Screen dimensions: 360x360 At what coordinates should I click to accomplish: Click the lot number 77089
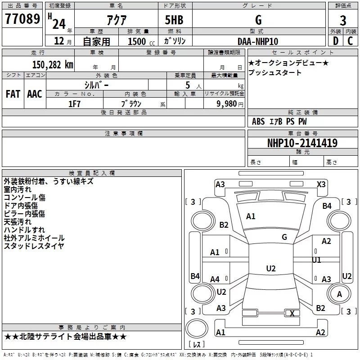22,19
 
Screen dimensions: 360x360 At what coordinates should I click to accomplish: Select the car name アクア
117,20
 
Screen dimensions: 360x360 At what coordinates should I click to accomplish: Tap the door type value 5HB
174,20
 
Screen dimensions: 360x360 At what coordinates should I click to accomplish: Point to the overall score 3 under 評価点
343,20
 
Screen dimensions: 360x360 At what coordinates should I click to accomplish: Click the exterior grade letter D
336,41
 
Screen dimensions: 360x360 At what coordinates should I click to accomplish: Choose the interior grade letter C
350,41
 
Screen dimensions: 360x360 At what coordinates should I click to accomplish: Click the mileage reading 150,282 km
53,65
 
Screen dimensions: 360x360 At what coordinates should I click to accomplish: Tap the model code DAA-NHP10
258,41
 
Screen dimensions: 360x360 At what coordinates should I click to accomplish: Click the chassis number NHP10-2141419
302,143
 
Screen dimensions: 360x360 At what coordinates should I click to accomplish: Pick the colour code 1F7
74,104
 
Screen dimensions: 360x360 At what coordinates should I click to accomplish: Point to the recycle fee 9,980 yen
230,104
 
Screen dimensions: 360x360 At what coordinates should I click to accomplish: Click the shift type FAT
13,94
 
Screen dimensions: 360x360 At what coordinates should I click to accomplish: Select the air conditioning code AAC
35,94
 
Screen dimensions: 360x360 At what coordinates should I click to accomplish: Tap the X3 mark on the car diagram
321,184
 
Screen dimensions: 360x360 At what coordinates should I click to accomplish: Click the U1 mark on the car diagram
316,260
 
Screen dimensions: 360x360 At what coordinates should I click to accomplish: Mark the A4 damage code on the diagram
215,279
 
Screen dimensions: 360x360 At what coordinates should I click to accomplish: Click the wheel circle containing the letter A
339,294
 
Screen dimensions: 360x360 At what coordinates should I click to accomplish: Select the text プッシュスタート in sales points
275,72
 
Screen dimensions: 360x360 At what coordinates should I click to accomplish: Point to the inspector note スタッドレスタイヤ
34,246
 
